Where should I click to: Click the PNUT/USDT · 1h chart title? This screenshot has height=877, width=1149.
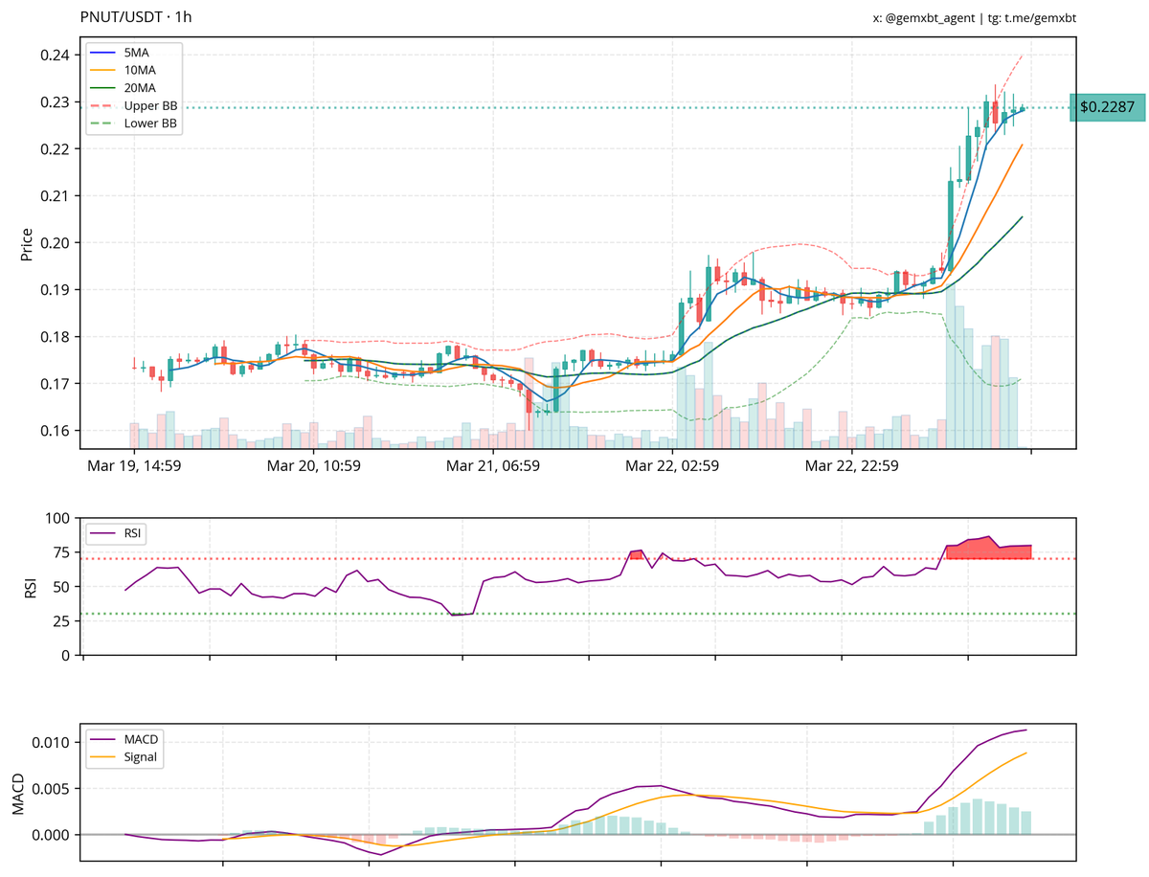(135, 17)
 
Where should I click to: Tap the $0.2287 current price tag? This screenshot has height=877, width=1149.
(1106, 107)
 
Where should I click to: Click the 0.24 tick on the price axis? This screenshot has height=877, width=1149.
(54, 55)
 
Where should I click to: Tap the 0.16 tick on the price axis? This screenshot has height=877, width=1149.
(54, 431)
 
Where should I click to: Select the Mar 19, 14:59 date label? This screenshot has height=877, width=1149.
(134, 466)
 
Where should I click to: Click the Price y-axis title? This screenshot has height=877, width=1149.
(26, 243)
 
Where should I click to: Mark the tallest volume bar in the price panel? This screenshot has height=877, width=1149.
(948, 364)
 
